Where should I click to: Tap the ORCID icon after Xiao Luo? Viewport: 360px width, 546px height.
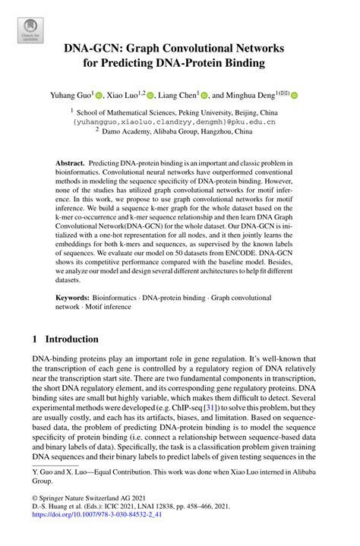pyautogui.click(x=150, y=96)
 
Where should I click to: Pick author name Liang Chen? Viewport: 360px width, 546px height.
pyautogui.click(x=178, y=96)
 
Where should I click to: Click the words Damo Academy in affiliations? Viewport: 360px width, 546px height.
pyautogui.click(x=131, y=130)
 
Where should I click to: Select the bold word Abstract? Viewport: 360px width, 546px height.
pyautogui.click(x=70, y=163)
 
